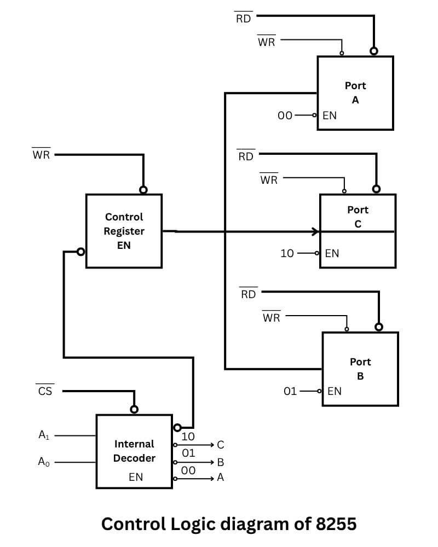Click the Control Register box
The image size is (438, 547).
(x=124, y=231)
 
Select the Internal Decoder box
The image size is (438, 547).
(x=134, y=451)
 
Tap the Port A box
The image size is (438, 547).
(x=355, y=93)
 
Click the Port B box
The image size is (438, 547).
(x=360, y=369)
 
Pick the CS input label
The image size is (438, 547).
(x=45, y=391)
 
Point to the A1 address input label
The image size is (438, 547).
(x=44, y=435)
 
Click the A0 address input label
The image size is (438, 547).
(x=44, y=462)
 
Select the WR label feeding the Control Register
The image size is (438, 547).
(x=41, y=154)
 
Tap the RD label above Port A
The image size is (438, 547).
(x=244, y=19)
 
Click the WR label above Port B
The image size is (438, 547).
(x=271, y=317)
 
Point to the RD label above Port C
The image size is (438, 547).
(x=246, y=156)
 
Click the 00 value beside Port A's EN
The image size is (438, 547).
(x=285, y=115)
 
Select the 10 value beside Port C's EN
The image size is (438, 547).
(x=287, y=253)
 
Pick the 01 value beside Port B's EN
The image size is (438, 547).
(x=290, y=391)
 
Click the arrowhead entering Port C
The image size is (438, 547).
(x=316, y=232)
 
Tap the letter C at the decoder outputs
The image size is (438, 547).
(x=221, y=445)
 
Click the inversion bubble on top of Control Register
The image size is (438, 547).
(x=143, y=190)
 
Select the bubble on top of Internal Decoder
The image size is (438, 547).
(x=134, y=410)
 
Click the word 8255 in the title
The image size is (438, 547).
(x=336, y=523)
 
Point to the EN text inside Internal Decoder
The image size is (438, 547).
(x=136, y=477)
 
